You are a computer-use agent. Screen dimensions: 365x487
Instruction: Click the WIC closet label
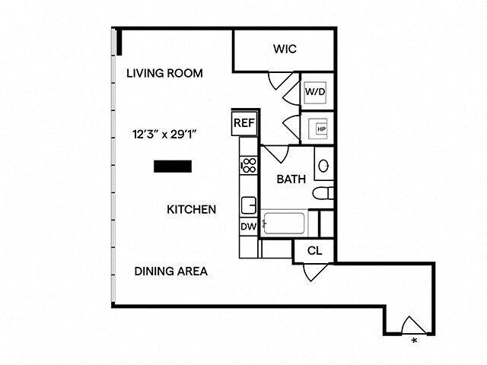coord(285,49)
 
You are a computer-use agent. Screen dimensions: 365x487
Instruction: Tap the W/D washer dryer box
coord(317,92)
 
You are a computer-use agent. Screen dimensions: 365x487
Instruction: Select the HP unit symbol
coord(321,129)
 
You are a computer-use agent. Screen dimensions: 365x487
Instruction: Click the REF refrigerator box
coord(244,122)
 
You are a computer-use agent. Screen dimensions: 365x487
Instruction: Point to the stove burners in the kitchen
coord(248,164)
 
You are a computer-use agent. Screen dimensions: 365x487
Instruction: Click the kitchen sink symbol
coord(248,205)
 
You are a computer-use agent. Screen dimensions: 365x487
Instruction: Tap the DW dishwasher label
coord(248,227)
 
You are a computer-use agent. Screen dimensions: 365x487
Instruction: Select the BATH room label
coord(291,180)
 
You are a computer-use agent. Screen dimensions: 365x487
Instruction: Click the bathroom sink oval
coord(323,165)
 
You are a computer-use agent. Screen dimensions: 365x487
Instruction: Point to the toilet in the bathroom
coord(323,192)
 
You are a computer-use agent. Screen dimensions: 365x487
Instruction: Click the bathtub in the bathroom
coord(284,224)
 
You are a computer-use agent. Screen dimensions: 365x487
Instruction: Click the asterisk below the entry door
coord(415,341)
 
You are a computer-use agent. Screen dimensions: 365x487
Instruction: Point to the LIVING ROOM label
coord(164,74)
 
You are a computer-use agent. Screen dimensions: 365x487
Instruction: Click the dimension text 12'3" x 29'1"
coord(164,134)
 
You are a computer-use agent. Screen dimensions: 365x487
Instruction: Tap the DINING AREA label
coord(171,271)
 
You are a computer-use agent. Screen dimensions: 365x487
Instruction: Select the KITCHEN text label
coord(192,209)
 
